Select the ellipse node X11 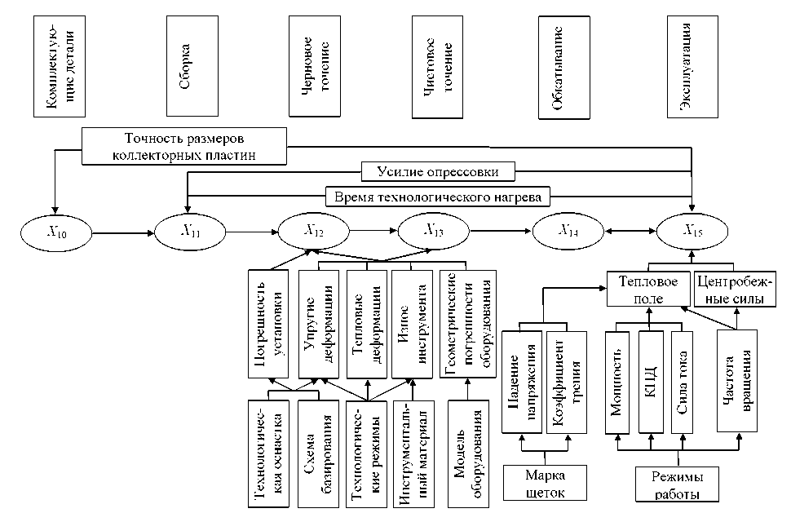[x=191, y=232]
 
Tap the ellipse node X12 [x=315, y=232]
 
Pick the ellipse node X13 [x=433, y=232]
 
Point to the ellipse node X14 [x=568, y=232]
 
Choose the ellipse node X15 [x=694, y=232]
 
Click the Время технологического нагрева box [x=437, y=197]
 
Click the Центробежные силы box [x=737, y=290]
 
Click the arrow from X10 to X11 [x=123, y=233]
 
